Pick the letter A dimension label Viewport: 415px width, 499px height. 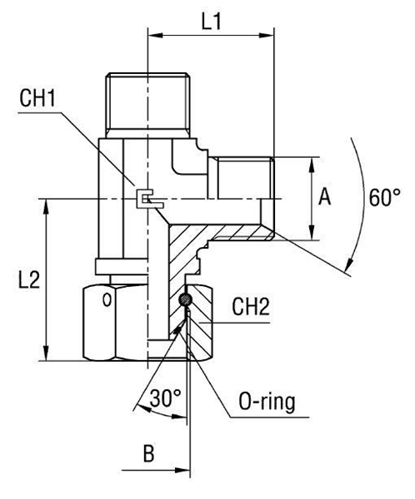coord(326,197)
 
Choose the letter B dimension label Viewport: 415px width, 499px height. coord(148,456)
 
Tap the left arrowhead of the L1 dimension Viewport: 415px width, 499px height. coord(152,36)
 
